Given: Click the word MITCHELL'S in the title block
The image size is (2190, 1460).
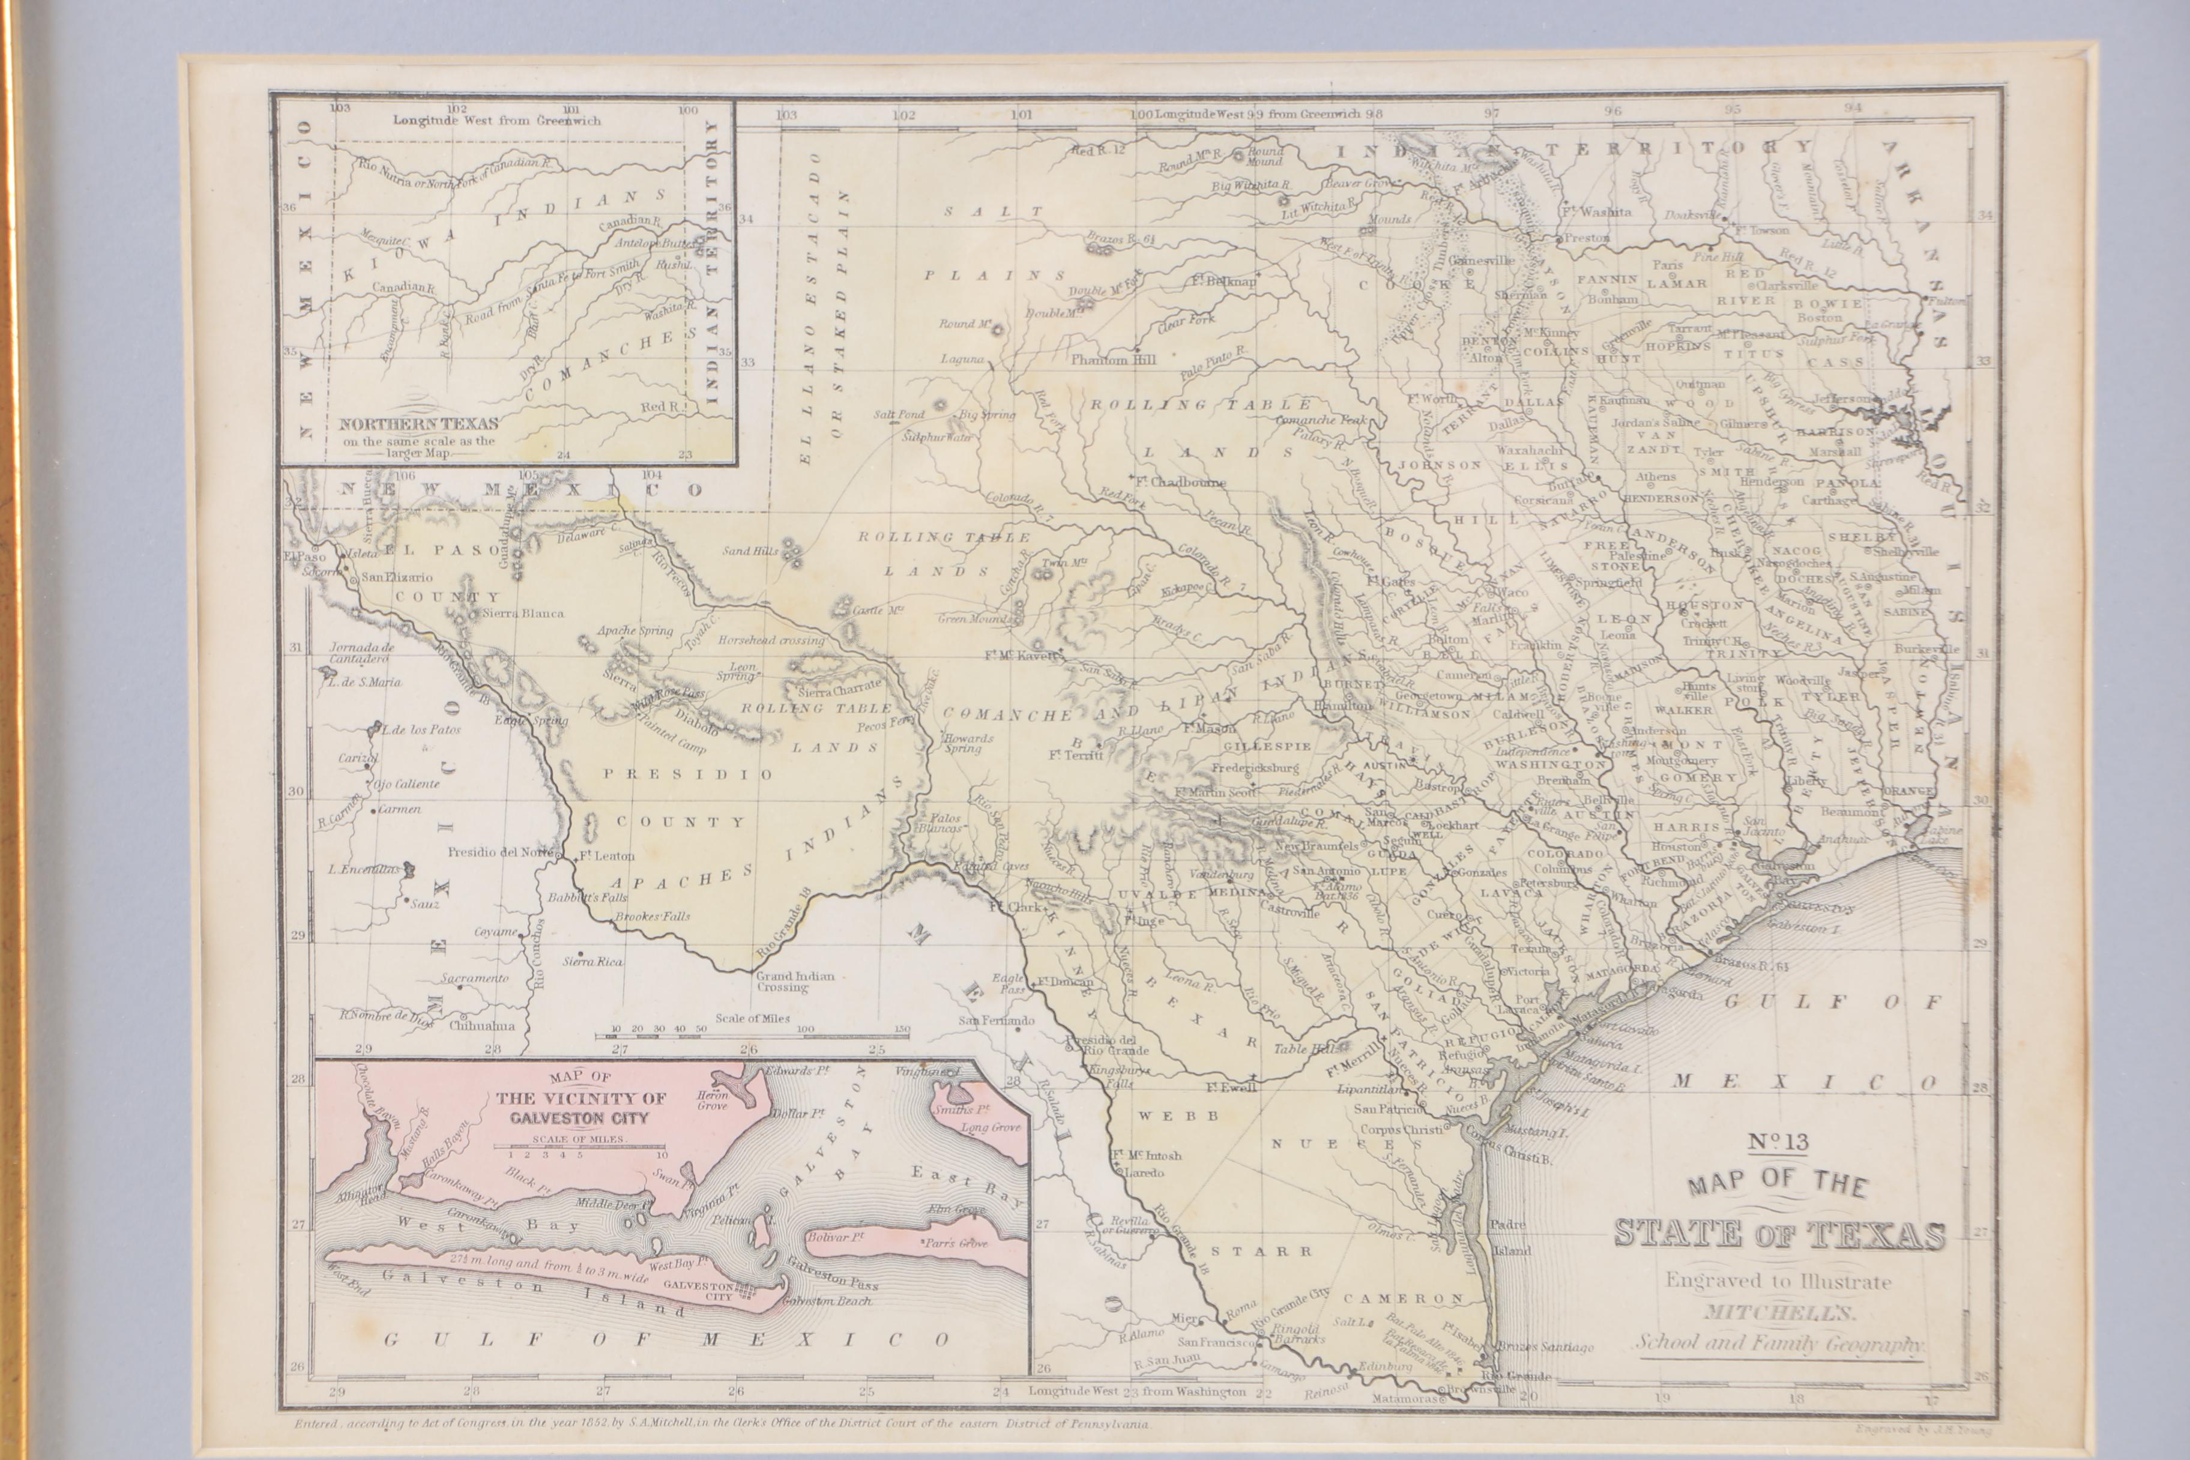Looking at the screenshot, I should click(x=1779, y=1313).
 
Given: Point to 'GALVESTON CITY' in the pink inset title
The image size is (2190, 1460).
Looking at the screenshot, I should click(x=578, y=1117).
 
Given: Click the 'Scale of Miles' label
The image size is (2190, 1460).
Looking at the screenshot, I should click(x=752, y=1018).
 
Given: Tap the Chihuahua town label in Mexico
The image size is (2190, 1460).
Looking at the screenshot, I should click(x=481, y=1026).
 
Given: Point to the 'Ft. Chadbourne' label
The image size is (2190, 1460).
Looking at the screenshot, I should click(x=1179, y=482).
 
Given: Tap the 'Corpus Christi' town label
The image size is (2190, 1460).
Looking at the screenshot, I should click(x=1403, y=1129).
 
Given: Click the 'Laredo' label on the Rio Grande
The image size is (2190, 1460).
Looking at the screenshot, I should click(x=1144, y=1173).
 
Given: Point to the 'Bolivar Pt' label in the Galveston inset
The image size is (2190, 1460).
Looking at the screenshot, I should click(x=835, y=1237).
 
